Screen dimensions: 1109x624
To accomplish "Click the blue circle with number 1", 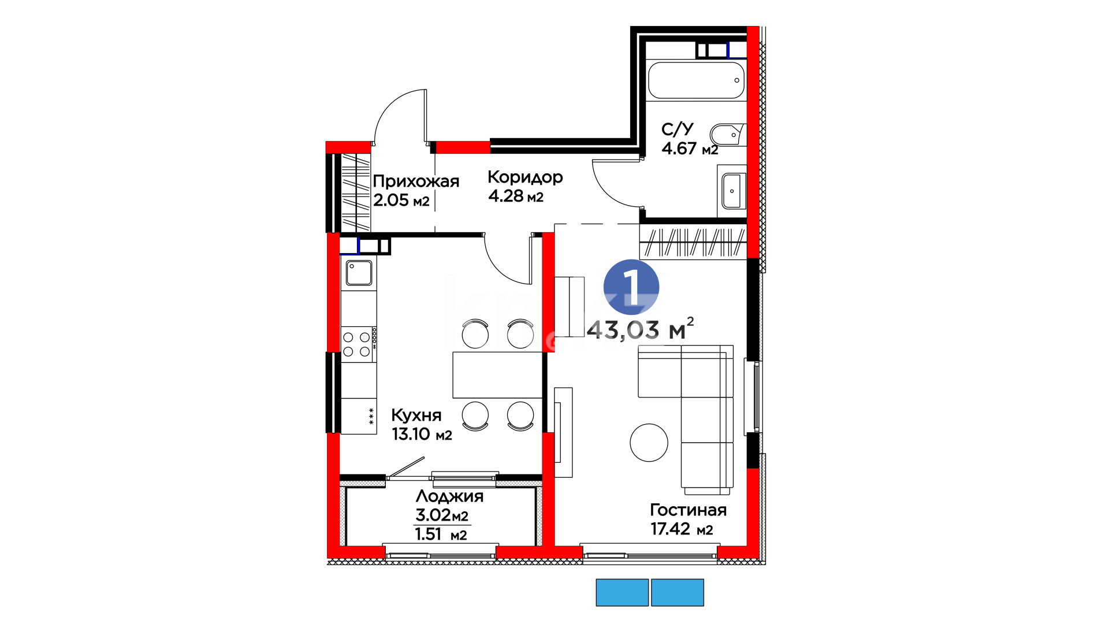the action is click(631, 287).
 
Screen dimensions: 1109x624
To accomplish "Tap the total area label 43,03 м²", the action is click(640, 329).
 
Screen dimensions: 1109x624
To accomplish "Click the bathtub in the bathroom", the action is click(696, 80).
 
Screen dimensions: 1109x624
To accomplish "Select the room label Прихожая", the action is click(416, 181).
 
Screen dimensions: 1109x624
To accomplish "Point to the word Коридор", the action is click(525, 177).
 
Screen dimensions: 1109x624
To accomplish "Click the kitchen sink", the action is click(359, 273).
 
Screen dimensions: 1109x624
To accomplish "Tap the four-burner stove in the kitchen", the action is click(359, 344).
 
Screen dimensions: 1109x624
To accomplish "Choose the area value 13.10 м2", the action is click(422, 434).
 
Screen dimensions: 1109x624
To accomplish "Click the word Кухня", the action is click(416, 415).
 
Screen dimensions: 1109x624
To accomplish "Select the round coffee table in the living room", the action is click(649, 443).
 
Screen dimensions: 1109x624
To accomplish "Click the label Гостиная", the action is click(688, 510).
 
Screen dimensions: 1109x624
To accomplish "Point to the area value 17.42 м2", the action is click(682, 529).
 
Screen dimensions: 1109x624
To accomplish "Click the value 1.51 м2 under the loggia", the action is click(441, 534).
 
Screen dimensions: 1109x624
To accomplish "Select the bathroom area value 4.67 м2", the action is click(690, 148).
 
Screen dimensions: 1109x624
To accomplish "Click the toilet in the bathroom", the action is click(727, 135).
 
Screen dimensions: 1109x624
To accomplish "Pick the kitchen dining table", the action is click(497, 375).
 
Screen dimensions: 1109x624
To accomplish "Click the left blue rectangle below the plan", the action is click(622, 592).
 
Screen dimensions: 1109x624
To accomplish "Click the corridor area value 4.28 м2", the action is click(516, 196).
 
